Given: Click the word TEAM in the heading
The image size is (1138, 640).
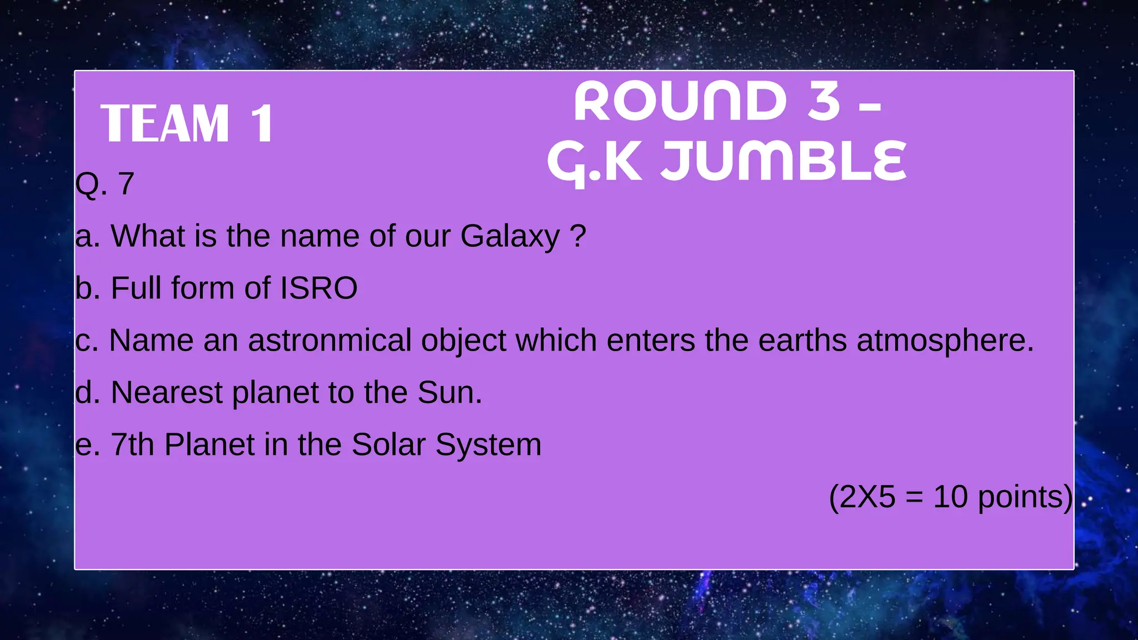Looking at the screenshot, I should pyautogui.click(x=165, y=124).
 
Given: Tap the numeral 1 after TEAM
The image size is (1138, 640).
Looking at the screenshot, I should pyautogui.click(x=262, y=124).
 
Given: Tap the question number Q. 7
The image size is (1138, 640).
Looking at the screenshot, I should pyautogui.click(x=105, y=183).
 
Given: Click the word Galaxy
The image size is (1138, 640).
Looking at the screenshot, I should pyautogui.click(x=510, y=236).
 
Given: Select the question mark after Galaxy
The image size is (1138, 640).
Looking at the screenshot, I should pyautogui.click(x=578, y=236).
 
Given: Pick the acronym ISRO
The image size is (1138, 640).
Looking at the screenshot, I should pyautogui.click(x=318, y=288).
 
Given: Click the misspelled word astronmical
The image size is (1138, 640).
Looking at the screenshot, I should pyautogui.click(x=330, y=340).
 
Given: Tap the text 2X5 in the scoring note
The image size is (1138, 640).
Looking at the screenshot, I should pyautogui.click(x=867, y=497).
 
